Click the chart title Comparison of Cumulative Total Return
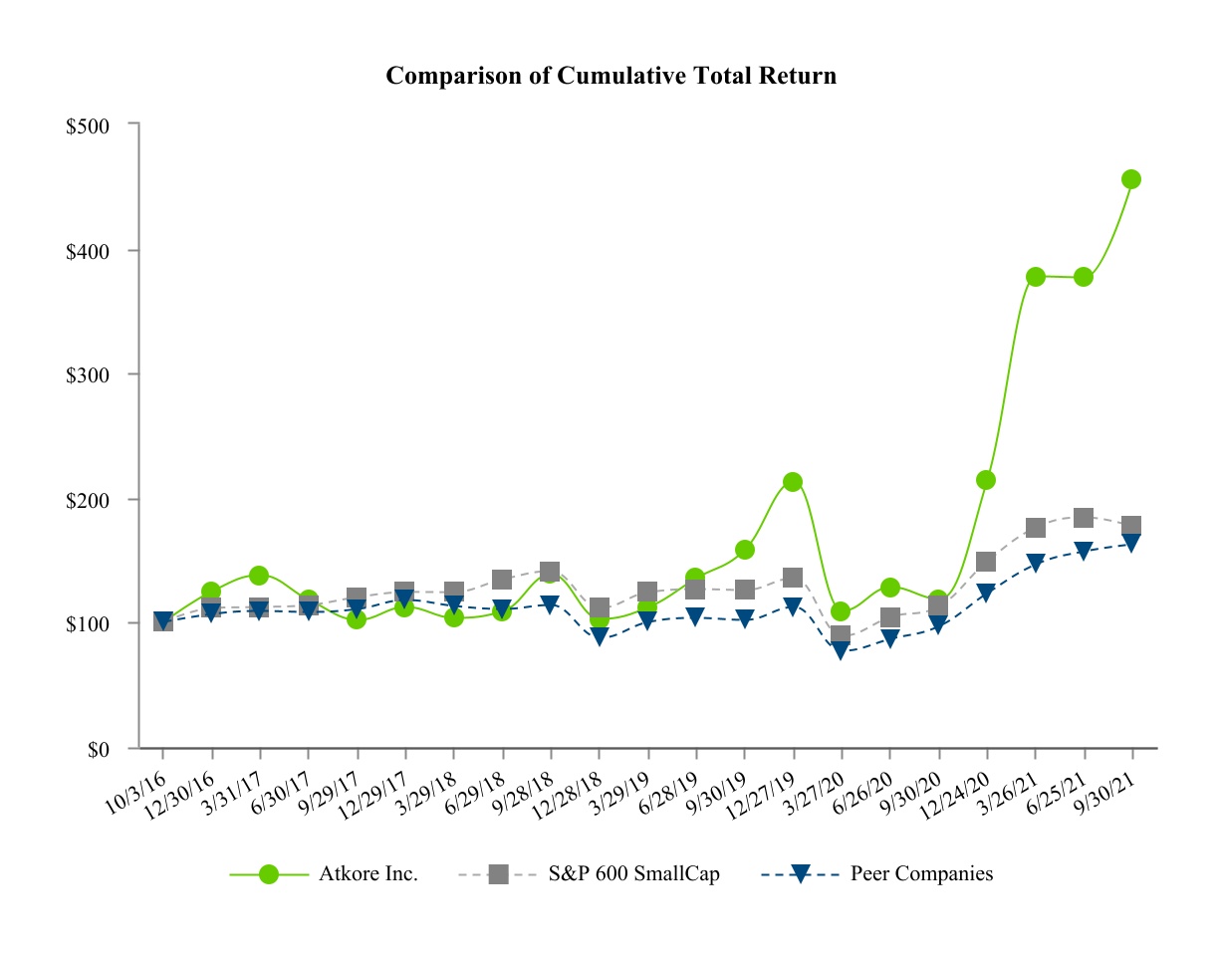click(x=610, y=76)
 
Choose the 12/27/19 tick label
click(x=768, y=787)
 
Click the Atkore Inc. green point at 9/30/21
click(x=1131, y=179)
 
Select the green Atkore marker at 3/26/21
click(x=1035, y=276)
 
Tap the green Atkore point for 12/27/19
click(x=793, y=482)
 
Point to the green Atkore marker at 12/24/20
click(x=986, y=480)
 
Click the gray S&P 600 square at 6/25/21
click(x=1084, y=518)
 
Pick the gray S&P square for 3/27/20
click(x=841, y=635)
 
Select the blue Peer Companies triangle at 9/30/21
click(x=1131, y=544)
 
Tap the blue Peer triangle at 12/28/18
click(x=599, y=637)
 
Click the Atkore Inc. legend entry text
click(x=367, y=874)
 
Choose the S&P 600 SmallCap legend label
click(x=633, y=874)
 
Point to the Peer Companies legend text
click(x=921, y=874)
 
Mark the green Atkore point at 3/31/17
click(x=259, y=576)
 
